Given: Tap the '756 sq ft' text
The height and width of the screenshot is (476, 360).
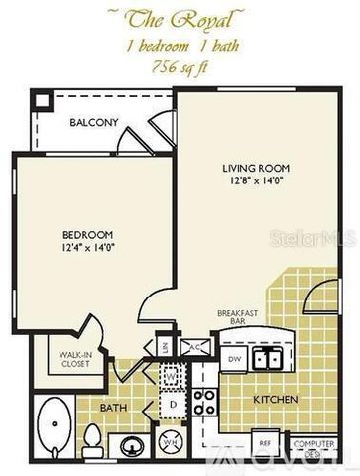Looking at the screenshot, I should tap(180, 66).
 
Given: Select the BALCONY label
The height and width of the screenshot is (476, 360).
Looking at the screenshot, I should tap(94, 122).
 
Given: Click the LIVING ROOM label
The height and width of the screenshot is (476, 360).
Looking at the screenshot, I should tap(255, 168).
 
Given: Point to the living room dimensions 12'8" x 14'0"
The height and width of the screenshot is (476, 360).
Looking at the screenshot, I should tap(255, 181).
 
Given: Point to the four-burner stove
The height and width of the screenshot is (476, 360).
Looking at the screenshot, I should tap(205, 403).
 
